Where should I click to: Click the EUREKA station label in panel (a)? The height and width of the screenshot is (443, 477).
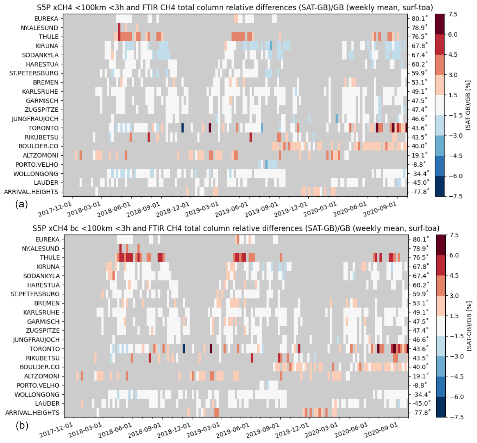(x=46, y=18)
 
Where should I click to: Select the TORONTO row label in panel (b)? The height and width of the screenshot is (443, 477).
(x=44, y=349)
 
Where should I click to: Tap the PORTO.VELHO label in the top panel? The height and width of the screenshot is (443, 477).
(x=37, y=164)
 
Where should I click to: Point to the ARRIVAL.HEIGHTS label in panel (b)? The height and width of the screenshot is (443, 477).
(x=32, y=412)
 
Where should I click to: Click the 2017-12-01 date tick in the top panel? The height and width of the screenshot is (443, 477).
(x=55, y=209)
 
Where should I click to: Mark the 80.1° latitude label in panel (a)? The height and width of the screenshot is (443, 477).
(x=420, y=18)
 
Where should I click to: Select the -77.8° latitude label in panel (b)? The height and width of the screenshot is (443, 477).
(x=422, y=412)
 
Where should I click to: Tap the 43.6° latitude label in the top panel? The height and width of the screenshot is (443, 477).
(x=420, y=128)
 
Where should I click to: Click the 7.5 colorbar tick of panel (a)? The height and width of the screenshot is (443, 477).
(x=453, y=14)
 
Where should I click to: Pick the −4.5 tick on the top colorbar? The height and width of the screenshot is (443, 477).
(x=454, y=156)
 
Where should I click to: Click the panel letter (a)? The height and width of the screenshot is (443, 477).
(x=21, y=204)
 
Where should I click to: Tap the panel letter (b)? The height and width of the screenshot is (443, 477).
(x=22, y=425)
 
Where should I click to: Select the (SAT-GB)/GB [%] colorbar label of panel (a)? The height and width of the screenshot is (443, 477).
(x=468, y=105)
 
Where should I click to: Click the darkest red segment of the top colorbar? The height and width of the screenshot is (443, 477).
(x=440, y=24)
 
